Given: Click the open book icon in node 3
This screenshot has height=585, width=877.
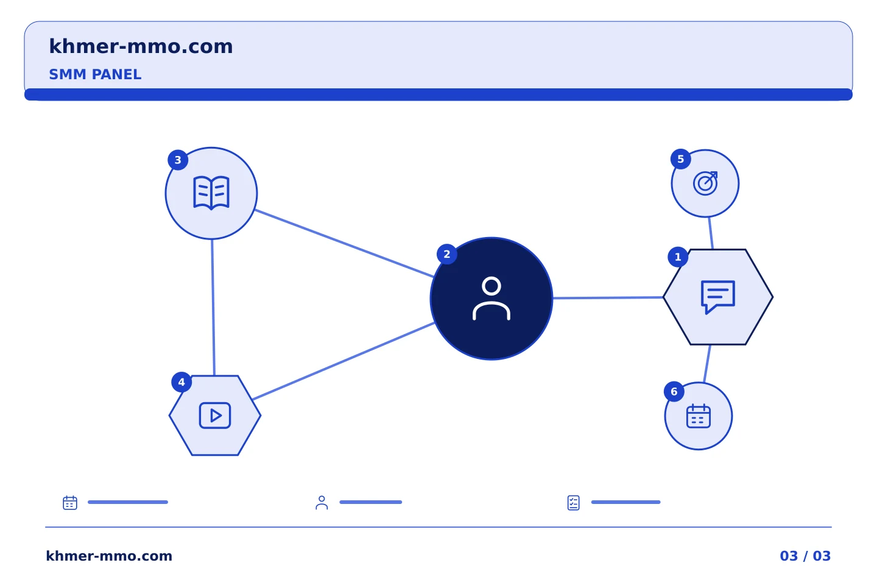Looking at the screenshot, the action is point(211,193).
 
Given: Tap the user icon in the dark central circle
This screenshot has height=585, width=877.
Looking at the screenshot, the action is point(491,299).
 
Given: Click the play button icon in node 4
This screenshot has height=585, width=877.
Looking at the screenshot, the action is point(215,416).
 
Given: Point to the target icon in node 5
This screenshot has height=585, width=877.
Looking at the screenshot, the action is point(705,183).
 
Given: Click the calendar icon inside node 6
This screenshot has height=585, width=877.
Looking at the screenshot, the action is point(699,416).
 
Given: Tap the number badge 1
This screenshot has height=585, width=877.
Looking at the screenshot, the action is point(678,257).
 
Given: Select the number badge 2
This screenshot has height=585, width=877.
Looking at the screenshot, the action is point(447,254).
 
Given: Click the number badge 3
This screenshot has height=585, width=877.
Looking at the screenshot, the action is point(178,160).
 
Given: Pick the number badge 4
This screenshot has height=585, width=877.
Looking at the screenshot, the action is point(181,382).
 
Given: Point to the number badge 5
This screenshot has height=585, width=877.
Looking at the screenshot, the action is point(680,159).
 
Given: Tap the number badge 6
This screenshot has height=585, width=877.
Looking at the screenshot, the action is point(674,391).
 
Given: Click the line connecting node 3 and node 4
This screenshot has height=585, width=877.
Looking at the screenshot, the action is point(213,308).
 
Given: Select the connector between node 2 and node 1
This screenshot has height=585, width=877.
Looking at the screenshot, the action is point(608,298).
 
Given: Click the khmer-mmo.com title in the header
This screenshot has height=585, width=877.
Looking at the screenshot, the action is point(141,46).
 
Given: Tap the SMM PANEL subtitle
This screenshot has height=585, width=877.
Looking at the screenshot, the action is point(95,74).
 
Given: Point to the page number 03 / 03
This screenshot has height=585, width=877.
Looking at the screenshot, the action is point(805,556).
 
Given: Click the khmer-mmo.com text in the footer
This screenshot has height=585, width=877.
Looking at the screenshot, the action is point(109,556).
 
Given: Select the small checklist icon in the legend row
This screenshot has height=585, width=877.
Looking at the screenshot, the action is point(573,503).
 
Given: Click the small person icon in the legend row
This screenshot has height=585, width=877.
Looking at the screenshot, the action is point(322,503).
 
